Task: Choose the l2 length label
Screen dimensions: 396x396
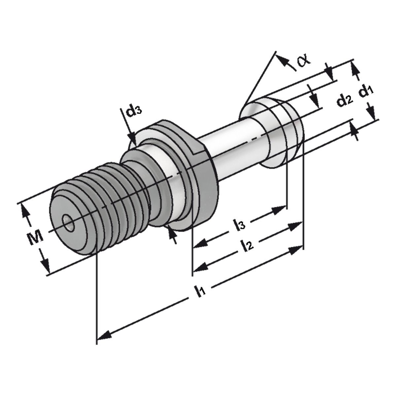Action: coord(247,245)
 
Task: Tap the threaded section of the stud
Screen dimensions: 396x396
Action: coord(96,211)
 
